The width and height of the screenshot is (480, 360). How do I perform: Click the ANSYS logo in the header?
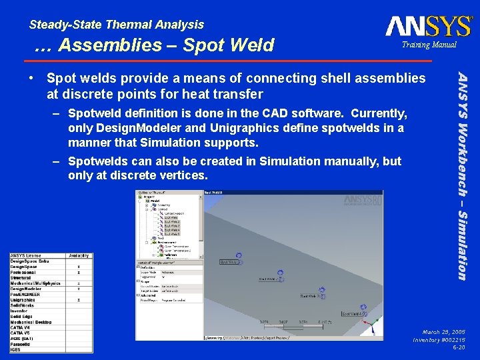tap(428, 27)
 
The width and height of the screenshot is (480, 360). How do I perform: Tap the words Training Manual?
tap(429, 45)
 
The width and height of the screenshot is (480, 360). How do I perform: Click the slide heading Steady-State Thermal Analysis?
tap(117, 25)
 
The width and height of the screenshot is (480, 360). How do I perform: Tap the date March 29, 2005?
tap(443, 331)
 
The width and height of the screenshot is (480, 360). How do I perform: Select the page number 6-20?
tap(459, 347)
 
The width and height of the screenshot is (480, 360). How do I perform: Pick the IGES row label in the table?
tap(16, 348)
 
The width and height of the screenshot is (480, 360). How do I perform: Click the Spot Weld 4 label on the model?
tap(353, 313)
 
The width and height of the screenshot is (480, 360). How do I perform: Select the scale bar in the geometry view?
tap(294, 323)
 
